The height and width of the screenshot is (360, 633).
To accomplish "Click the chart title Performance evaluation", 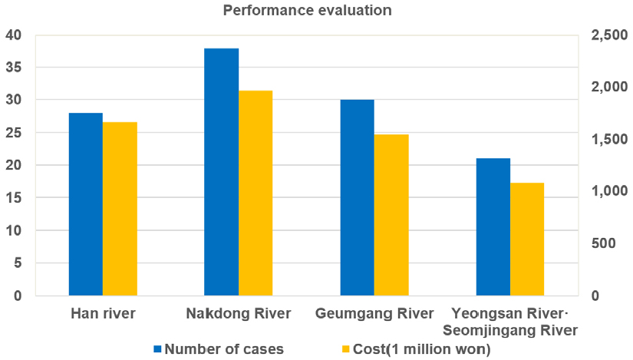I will (307, 11).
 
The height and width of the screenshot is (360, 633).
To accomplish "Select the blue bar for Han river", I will (86, 204).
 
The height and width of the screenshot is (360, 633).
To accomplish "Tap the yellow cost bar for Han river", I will (120, 209).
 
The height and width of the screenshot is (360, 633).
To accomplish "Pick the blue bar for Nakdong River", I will (222, 172).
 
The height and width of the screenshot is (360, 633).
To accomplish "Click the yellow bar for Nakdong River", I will (256, 193).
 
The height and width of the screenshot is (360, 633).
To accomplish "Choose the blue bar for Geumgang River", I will (358, 198).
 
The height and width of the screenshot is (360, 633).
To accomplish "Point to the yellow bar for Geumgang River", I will (391, 215).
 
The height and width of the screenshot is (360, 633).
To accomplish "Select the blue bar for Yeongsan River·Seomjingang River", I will (493, 227).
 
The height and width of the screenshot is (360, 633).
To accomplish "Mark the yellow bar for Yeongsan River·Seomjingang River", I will (527, 239).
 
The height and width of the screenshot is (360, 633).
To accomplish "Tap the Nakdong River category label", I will (239, 313).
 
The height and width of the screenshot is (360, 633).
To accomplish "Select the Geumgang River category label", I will (374, 313).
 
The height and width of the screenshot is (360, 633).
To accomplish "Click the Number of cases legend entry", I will (219, 348).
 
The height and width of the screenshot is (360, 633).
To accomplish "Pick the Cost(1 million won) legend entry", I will (410, 348).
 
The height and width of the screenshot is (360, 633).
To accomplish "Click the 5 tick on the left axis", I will (17, 263).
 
